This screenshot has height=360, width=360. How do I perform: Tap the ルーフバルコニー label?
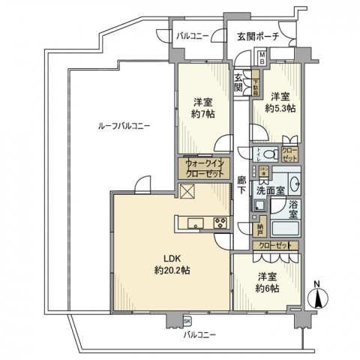pyautogui.click(x=118, y=127)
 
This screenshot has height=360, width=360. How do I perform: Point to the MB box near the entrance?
pyautogui.click(x=261, y=58)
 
